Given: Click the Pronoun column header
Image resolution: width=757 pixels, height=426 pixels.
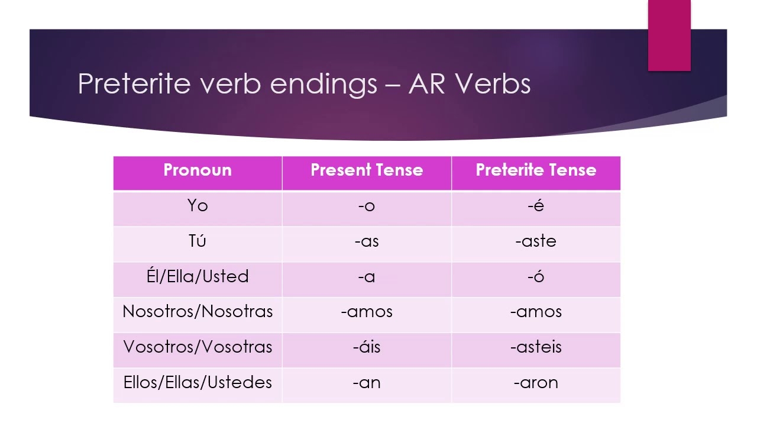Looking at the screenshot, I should coord(198,170).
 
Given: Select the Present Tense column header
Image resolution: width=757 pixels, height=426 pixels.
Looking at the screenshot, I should coord(367,170).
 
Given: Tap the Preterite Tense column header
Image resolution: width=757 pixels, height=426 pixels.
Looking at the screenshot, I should coord(536,170).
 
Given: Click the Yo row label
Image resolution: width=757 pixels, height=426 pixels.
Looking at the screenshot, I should coord(198,206).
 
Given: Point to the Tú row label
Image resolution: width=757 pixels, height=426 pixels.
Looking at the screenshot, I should coord(198,241).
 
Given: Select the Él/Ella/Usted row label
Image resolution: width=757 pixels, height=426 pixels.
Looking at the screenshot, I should coord(198,276).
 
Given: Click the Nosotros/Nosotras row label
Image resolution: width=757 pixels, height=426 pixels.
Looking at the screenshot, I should coord(198,312).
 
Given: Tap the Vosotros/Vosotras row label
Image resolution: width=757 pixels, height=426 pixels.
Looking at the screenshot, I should coord(198,347).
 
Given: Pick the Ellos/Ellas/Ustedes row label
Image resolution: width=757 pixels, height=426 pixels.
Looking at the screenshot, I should coord(198,383).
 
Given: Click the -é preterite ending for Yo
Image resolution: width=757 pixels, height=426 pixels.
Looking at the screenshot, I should coord(536,206).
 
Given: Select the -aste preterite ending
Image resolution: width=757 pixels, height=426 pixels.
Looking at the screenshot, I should coord(536,241).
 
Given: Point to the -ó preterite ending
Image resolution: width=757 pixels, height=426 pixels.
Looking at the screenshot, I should coord(536,276).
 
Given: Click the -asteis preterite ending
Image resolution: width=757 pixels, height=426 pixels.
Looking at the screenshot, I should coord(536,347).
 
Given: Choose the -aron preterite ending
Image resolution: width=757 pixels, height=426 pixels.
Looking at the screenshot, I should coord(536,383).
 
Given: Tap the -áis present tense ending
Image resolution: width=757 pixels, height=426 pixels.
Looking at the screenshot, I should coord(367,347).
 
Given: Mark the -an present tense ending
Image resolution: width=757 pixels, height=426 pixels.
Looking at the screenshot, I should coord(367,383).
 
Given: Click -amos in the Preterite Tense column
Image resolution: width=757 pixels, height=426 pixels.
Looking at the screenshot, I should coord(536,312).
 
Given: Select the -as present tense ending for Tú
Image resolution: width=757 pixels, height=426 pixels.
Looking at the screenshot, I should coord(367,241).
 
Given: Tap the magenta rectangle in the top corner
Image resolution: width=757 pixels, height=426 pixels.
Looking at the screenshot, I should coord(669,35).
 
